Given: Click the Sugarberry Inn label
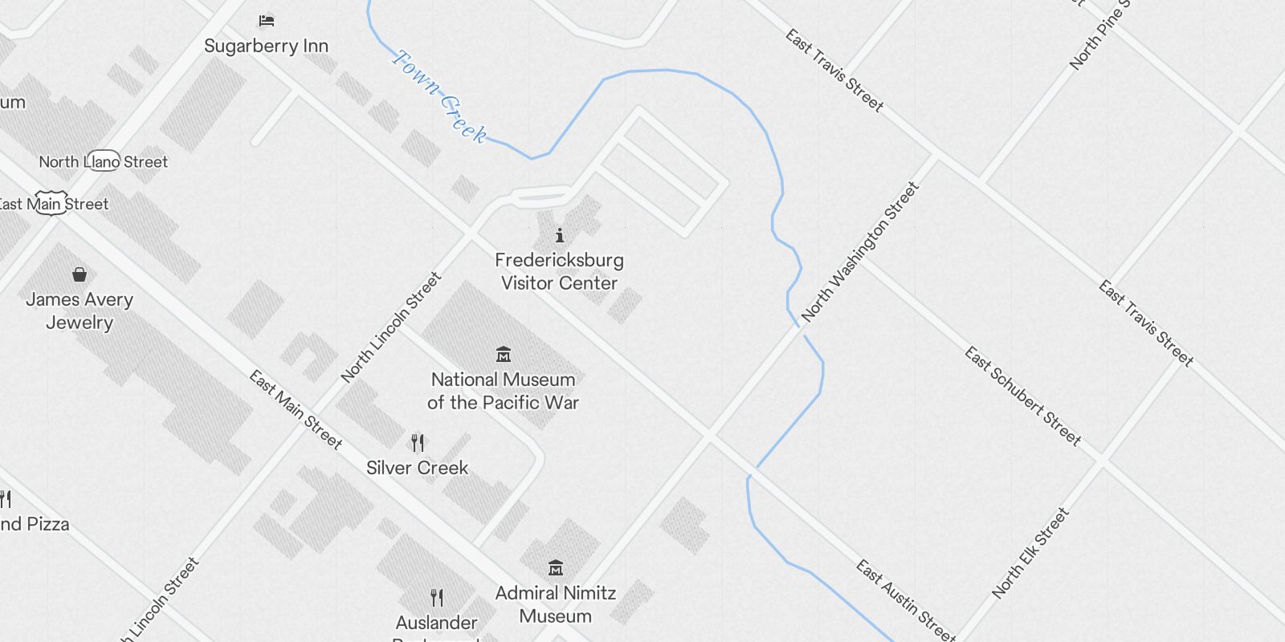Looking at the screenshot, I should (267, 47).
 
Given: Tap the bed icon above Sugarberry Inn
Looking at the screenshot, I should (267, 20).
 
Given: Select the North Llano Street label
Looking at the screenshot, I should (104, 162).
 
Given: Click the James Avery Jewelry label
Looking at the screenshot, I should (80, 311).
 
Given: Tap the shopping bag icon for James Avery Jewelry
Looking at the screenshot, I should (80, 274).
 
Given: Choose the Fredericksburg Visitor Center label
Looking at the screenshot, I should (559, 271).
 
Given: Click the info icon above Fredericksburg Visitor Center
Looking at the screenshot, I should (560, 235).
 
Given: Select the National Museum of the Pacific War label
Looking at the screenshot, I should (504, 391).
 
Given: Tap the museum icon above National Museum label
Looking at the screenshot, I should (504, 354).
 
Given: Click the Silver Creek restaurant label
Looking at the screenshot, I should (417, 468).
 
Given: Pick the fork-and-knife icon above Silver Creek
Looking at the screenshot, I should (418, 442).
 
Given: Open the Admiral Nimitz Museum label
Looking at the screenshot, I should (556, 604).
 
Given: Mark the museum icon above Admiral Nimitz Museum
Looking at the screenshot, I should (555, 568).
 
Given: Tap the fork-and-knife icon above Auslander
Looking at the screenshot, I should (437, 597).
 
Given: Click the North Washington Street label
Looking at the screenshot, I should (860, 251).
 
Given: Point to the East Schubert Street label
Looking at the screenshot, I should (1023, 396).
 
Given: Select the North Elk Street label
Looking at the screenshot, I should (1030, 553).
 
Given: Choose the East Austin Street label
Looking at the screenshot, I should (905, 600).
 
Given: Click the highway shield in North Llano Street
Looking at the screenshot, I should (102, 161).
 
